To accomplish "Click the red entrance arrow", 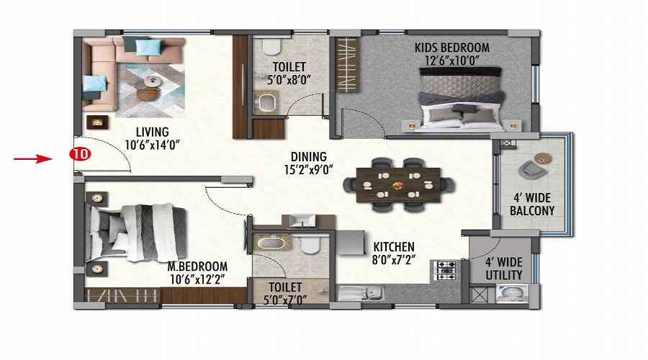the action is [33, 158].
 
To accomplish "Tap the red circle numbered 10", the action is [80, 154].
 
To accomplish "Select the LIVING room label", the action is [153, 132].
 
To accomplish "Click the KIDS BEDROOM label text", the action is [452, 48].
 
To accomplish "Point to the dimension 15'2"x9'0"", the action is [309, 170].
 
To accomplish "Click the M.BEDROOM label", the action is [197, 266].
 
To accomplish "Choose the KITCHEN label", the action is [394, 247].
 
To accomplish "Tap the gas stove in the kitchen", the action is [446, 271].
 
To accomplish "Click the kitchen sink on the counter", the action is [361, 294].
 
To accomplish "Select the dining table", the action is [398, 185].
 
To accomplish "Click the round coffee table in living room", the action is [148, 94].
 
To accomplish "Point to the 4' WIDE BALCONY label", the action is [532, 204].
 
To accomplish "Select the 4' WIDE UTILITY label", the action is [504, 269].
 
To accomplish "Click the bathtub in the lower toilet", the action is [271, 242].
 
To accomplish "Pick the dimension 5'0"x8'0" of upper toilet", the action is [289, 80].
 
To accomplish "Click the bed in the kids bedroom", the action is [460, 99].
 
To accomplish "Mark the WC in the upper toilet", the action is [271, 46].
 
